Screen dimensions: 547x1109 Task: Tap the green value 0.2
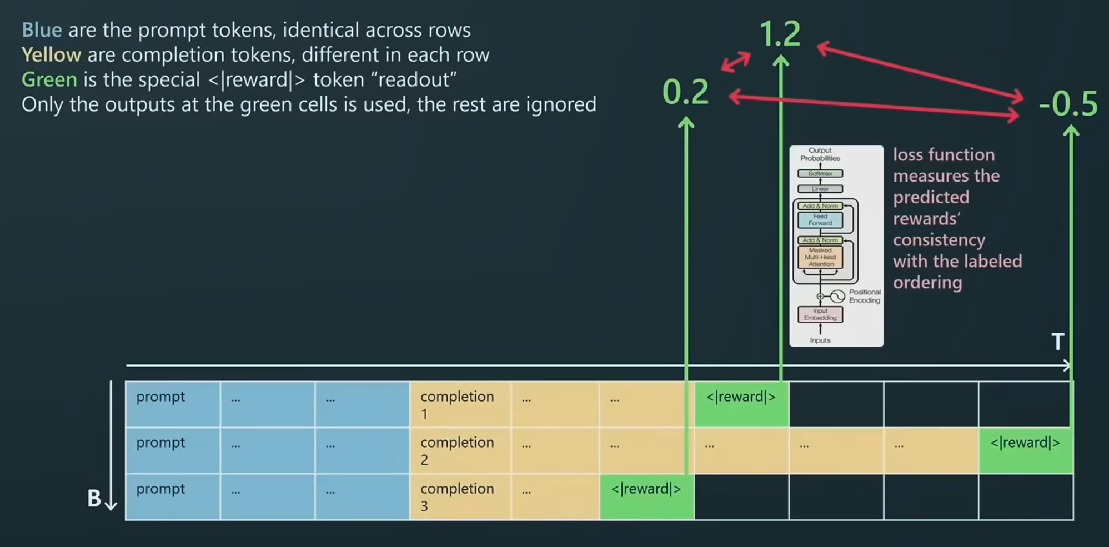(x=686, y=92)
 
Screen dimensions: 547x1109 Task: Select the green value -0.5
(x=1068, y=104)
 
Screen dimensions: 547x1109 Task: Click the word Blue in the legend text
(x=42, y=30)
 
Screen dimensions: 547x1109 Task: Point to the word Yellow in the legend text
(x=51, y=55)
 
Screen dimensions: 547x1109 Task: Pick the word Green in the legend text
(x=49, y=80)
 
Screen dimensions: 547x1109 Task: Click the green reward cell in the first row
(x=741, y=404)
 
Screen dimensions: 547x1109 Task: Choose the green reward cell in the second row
(x=1026, y=450)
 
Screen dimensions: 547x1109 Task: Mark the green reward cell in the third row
(x=646, y=496)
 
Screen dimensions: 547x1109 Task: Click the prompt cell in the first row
(x=173, y=404)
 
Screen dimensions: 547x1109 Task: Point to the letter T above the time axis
(x=1058, y=342)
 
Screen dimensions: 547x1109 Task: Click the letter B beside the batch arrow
(x=94, y=499)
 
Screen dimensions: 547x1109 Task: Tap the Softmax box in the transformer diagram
(x=820, y=174)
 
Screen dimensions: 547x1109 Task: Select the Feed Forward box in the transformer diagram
(x=820, y=220)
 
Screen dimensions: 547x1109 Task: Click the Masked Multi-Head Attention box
(x=820, y=257)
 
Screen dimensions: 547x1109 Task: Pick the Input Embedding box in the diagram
(x=820, y=314)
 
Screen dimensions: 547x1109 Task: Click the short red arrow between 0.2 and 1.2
(x=736, y=62)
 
